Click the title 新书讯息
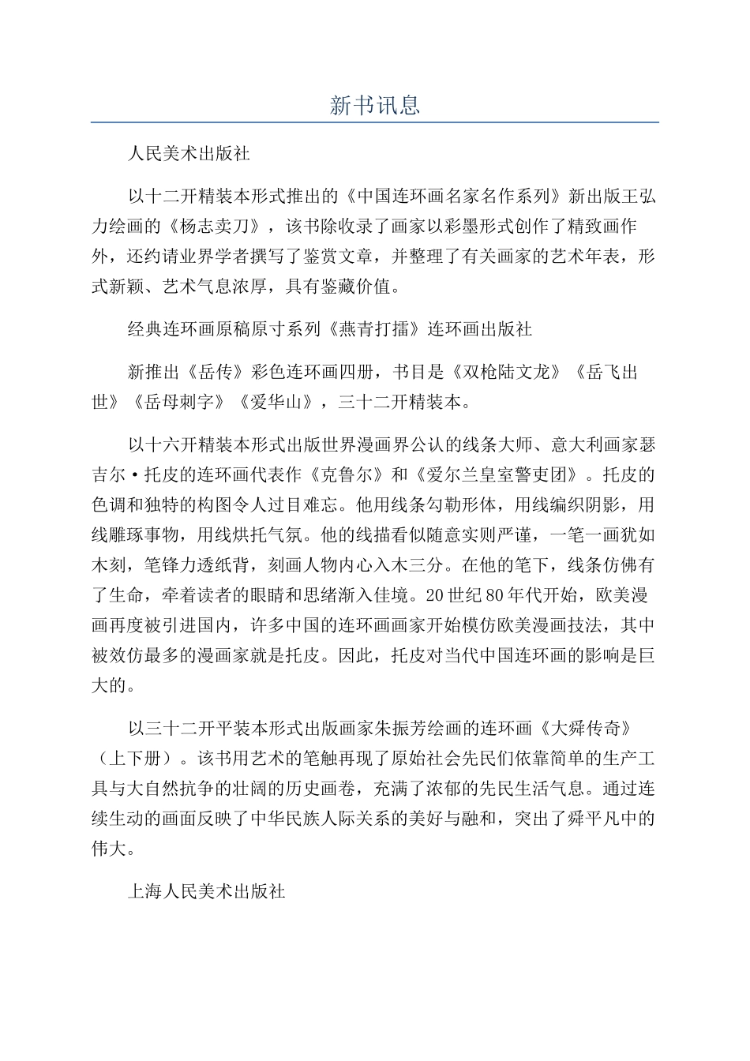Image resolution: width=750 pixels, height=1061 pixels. point(374,106)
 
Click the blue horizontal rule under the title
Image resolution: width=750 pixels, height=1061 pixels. point(374,122)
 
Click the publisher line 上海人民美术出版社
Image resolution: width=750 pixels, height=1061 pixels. point(206,892)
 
